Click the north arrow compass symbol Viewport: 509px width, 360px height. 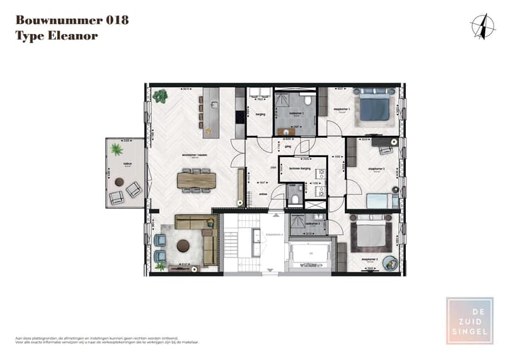[483, 26]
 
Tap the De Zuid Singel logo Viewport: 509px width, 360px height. [469, 321]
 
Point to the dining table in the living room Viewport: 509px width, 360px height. [196, 180]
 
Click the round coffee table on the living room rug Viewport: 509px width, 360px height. [183, 246]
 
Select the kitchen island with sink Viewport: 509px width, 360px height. [211, 112]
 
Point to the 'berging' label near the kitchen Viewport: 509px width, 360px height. [260, 113]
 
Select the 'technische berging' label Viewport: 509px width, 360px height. [292, 170]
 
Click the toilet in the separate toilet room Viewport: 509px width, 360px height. [295, 198]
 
